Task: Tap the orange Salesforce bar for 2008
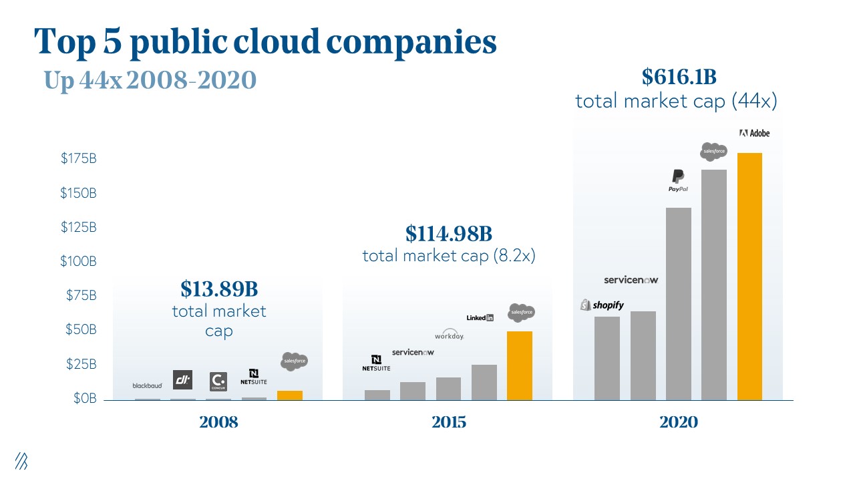(x=290, y=395)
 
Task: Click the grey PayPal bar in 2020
(x=679, y=304)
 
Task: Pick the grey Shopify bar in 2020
(x=607, y=358)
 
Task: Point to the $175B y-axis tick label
(x=79, y=159)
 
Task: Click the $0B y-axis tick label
(x=84, y=399)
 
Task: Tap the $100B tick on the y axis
(x=79, y=261)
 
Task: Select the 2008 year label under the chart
(x=218, y=422)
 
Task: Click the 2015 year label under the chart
(x=449, y=422)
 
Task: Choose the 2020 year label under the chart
(x=679, y=422)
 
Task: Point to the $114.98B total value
(x=449, y=234)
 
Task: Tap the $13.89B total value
(x=219, y=289)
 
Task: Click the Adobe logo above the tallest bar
(x=754, y=133)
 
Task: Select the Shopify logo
(x=602, y=305)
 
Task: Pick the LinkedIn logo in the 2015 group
(x=480, y=318)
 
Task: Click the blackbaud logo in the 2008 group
(x=147, y=385)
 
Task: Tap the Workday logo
(x=449, y=335)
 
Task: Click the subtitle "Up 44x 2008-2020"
(x=150, y=81)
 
